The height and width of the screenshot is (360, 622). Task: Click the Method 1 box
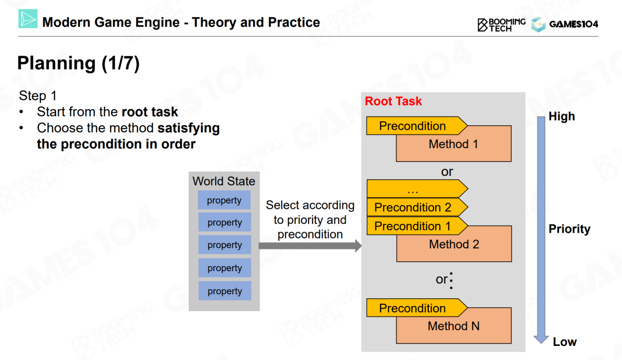pos(453,148)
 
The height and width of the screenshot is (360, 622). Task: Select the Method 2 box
pos(454,248)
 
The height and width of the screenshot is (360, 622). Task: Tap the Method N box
pos(453,329)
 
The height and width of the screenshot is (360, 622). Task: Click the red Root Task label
pos(393,102)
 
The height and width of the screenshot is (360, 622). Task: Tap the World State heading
pos(224,181)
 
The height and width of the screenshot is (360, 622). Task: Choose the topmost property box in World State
pos(224,200)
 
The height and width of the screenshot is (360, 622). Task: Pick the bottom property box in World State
pos(225,291)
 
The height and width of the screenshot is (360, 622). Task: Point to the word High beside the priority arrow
pos(561,117)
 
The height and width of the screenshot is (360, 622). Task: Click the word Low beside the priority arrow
pos(565,342)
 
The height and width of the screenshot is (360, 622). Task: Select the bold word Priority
pos(569,229)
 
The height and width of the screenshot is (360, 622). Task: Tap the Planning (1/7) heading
pos(78,63)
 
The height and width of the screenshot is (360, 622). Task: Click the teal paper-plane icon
pos(28,19)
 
